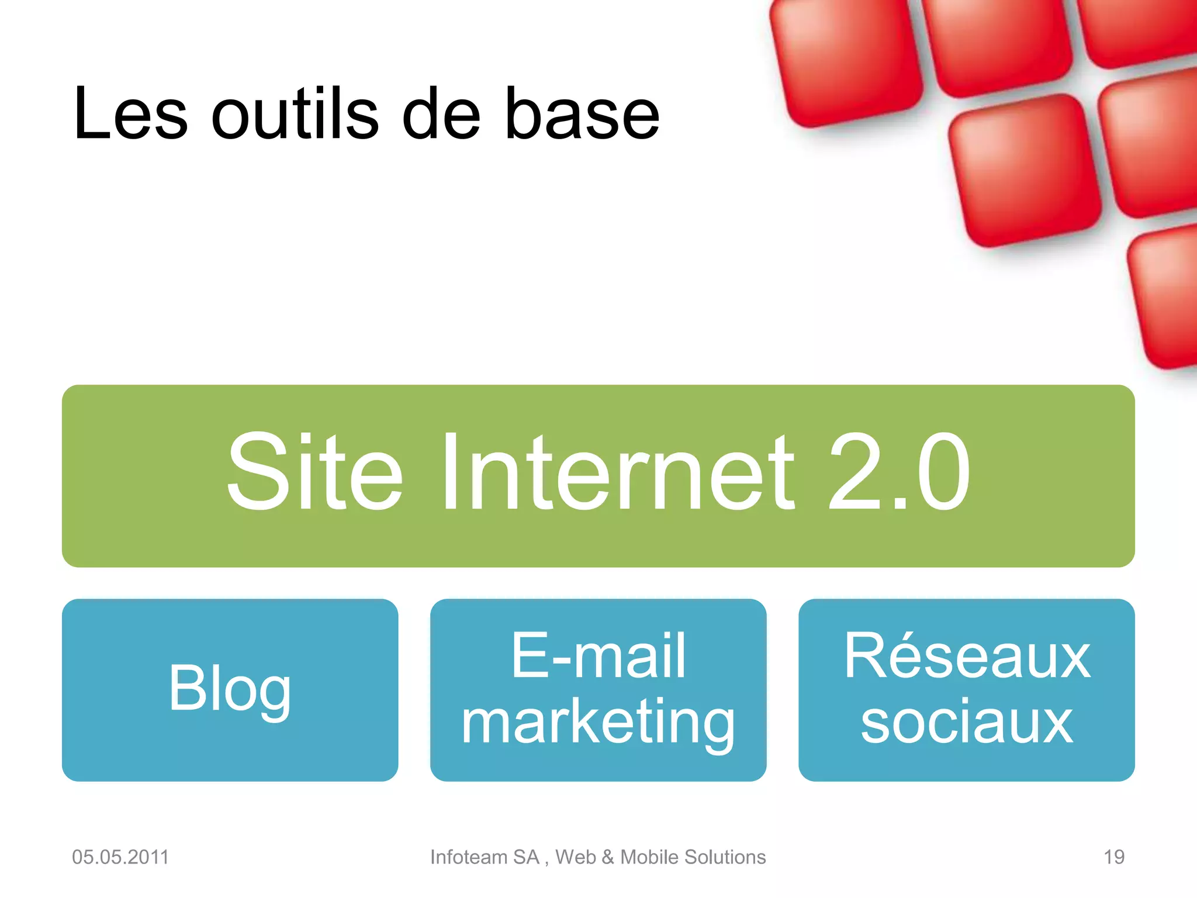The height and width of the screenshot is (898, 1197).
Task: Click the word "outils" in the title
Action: [295, 114]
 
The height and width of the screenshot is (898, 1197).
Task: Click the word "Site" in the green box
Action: [314, 472]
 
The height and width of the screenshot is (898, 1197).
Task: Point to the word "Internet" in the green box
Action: [618, 472]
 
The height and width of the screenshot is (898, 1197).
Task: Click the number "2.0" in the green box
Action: [899, 472]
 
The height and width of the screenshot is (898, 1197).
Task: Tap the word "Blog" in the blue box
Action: [230, 690]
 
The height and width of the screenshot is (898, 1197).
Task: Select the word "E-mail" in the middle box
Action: [598, 657]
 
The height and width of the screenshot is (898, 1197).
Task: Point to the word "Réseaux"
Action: [967, 657]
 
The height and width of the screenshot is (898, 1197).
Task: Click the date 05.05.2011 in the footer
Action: [120, 857]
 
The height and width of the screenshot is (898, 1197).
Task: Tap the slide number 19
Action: [1114, 857]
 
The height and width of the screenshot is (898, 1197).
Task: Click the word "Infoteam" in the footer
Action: [469, 857]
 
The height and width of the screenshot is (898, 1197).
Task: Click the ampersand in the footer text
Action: [608, 857]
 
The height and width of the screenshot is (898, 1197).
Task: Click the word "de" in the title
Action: [441, 114]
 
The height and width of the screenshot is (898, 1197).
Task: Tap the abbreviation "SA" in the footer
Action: [526, 857]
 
